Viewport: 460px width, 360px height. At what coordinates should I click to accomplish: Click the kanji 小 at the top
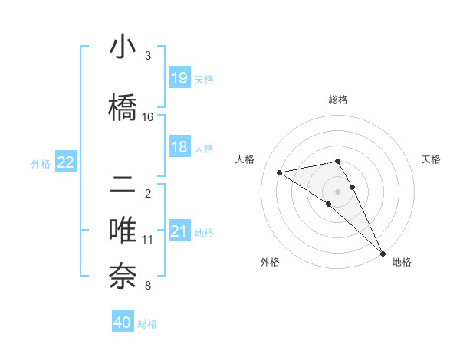[123, 47]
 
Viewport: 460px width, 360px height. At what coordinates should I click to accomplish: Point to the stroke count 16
[148, 117]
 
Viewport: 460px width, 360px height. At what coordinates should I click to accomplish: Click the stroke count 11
[148, 240]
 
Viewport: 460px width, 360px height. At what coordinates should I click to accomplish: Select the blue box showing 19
[179, 78]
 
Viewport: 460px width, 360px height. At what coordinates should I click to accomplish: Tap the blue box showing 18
[179, 147]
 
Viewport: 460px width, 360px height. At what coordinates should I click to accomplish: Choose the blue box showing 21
[179, 231]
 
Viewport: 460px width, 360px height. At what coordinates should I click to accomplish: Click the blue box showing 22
[65, 162]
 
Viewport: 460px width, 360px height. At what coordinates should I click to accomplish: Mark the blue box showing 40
[123, 322]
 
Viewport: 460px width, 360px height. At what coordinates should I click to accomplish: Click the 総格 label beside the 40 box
[147, 324]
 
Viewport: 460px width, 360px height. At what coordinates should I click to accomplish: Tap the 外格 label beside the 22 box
[41, 163]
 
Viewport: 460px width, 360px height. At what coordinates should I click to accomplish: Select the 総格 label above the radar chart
[337, 100]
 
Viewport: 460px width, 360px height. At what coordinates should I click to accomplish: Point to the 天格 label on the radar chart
[431, 159]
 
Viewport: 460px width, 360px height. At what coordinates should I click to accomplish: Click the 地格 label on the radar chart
[402, 262]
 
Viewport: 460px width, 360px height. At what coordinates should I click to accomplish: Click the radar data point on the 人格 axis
[280, 172]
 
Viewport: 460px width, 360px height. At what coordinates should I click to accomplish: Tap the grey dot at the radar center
[337, 191]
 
